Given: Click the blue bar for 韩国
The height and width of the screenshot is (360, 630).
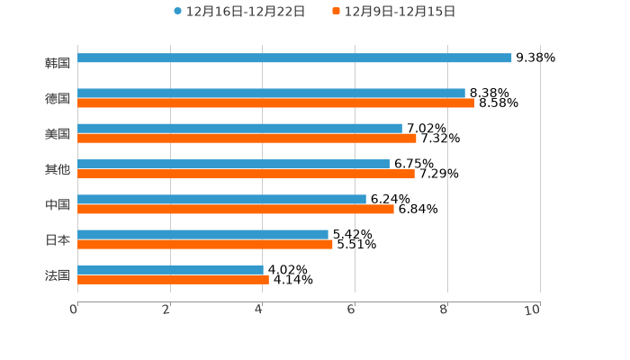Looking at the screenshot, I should pos(294,58).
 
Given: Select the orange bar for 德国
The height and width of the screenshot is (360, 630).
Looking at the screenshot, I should pos(275,103).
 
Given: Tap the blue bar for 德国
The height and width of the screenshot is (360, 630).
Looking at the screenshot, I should pos(271,93).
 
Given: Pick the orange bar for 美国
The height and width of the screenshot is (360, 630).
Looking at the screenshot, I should pos(247,138).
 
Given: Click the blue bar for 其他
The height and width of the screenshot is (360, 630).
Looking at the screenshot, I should pos(233,164).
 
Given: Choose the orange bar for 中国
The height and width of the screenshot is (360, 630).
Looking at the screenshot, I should pos(235,209).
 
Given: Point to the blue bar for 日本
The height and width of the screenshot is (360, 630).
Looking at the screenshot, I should pos(202,234).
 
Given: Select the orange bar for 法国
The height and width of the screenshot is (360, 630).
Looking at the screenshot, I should pos(173,279).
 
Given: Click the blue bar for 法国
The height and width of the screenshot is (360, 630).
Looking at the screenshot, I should pos(170,269).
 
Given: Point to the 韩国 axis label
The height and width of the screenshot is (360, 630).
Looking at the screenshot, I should pos(58,63).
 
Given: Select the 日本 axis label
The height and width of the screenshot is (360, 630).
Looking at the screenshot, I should pos(58,239).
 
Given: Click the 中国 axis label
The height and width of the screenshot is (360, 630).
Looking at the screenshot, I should pos(58,204).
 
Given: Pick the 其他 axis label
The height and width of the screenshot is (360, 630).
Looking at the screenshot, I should pos(58,169).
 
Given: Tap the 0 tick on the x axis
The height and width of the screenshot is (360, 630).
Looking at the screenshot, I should pos(75,310).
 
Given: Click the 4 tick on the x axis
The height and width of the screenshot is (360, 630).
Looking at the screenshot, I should pos(259,310).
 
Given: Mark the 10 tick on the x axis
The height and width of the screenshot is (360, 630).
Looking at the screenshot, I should pos(533,310).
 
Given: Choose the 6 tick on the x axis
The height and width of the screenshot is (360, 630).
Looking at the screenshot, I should pos(352,310).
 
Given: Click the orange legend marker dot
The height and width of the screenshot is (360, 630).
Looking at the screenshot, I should pos(337,12).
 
